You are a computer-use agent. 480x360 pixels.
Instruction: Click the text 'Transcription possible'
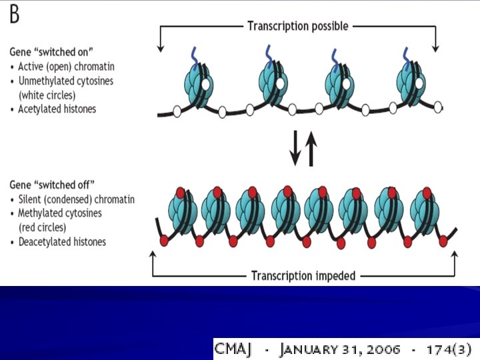(x=298, y=26)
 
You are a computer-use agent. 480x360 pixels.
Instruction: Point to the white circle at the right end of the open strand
(x=437, y=105)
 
